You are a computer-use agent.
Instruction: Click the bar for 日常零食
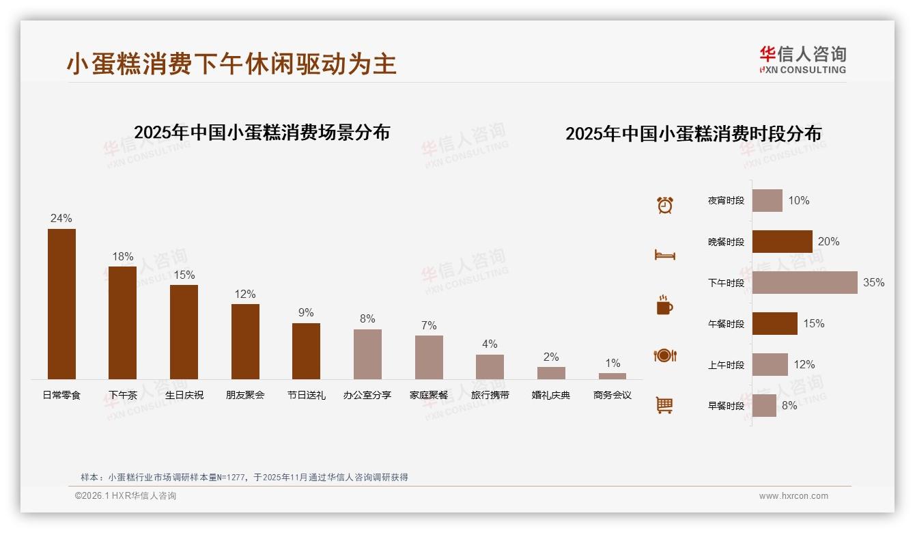pyautogui.click(x=61, y=304)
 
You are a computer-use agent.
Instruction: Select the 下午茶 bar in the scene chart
pyautogui.click(x=122, y=323)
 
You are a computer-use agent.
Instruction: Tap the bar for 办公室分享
pyautogui.click(x=367, y=354)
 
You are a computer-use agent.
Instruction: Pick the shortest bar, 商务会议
pyautogui.click(x=613, y=376)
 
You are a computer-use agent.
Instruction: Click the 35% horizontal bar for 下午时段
pyautogui.click(x=804, y=282)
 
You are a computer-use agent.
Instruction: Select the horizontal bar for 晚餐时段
pyautogui.click(x=782, y=241)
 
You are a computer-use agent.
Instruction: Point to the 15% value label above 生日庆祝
pyautogui.click(x=184, y=275)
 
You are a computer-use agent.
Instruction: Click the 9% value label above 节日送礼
pyautogui.click(x=306, y=313)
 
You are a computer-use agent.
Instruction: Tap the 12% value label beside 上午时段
pyautogui.click(x=804, y=365)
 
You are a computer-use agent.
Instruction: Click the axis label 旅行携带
pyautogui.click(x=490, y=395)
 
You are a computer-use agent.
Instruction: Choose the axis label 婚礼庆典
pyautogui.click(x=551, y=395)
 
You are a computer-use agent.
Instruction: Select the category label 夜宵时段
pyautogui.click(x=726, y=201)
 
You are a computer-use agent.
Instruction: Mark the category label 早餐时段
pyautogui.click(x=726, y=406)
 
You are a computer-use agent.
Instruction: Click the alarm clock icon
pyautogui.click(x=664, y=204)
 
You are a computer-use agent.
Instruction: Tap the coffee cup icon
pyautogui.click(x=664, y=305)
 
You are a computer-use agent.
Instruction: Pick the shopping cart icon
pyautogui.click(x=664, y=405)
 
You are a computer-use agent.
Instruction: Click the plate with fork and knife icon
pyautogui.click(x=664, y=355)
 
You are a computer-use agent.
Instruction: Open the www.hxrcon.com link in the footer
pyautogui.click(x=793, y=496)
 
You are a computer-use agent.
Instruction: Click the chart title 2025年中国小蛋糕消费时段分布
pyautogui.click(x=693, y=133)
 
